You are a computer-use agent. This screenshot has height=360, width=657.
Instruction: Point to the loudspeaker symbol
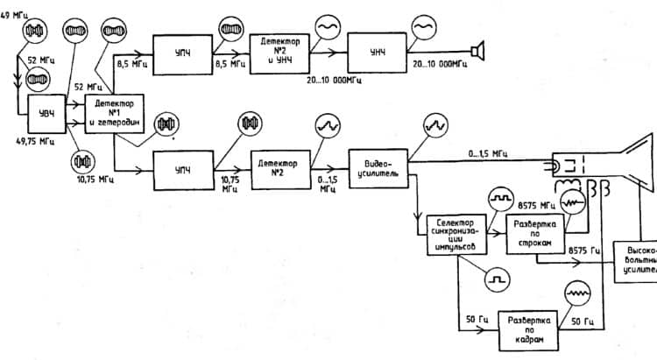(477, 51)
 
